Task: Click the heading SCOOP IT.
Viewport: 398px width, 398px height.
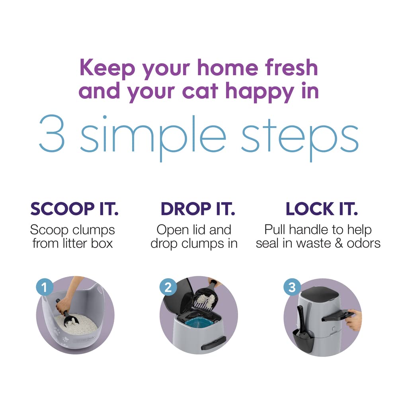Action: tap(74, 209)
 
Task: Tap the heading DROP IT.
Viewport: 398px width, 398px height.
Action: tap(197, 209)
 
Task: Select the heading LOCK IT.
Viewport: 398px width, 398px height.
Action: tap(322, 209)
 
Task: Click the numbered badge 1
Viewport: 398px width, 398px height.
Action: tap(45, 287)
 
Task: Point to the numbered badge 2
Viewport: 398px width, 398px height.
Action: tap(168, 287)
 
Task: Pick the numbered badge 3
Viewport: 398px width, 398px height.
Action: tap(292, 287)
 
